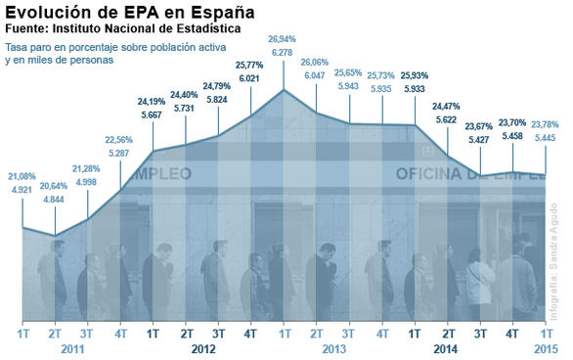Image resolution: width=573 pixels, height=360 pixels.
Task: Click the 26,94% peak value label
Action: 285,39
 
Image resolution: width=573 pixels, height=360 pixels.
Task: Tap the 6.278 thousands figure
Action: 285,52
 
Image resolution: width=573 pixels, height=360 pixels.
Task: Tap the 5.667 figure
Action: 153,113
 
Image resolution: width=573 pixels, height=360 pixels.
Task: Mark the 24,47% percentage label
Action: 448,106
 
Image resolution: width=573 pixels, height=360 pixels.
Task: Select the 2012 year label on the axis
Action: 203,348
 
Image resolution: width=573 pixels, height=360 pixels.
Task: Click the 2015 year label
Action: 546,348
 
